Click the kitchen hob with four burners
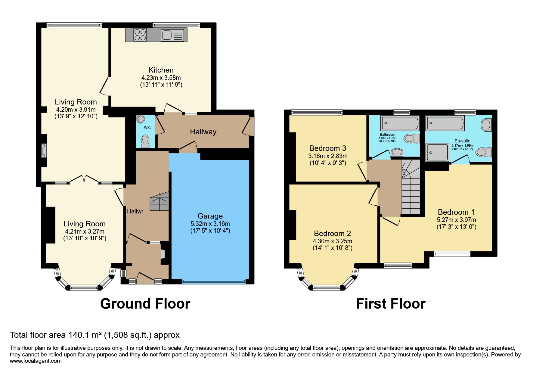tap(140, 35)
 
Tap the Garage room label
tap(210, 216)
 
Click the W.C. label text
tap(147, 128)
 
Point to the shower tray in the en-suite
tap(437, 152)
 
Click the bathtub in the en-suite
tap(445, 123)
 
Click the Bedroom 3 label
tap(328, 148)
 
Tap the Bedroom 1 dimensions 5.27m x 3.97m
tap(456, 220)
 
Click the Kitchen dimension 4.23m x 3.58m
tap(161, 78)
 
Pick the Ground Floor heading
tap(145, 304)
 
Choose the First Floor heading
tap(391, 304)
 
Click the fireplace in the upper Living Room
tap(44, 151)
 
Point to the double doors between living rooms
tap(84, 179)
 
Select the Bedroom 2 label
tap(332, 233)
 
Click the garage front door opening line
tap(213, 282)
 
